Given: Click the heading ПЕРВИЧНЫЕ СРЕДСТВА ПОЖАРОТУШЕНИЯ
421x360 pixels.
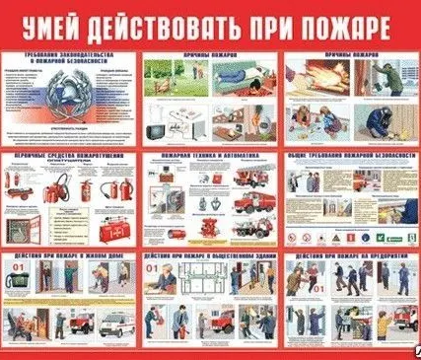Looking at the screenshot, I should (68, 157).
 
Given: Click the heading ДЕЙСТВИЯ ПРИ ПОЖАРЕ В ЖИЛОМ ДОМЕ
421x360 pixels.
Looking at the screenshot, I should (68, 257).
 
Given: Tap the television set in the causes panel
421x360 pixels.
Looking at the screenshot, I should (158, 128).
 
